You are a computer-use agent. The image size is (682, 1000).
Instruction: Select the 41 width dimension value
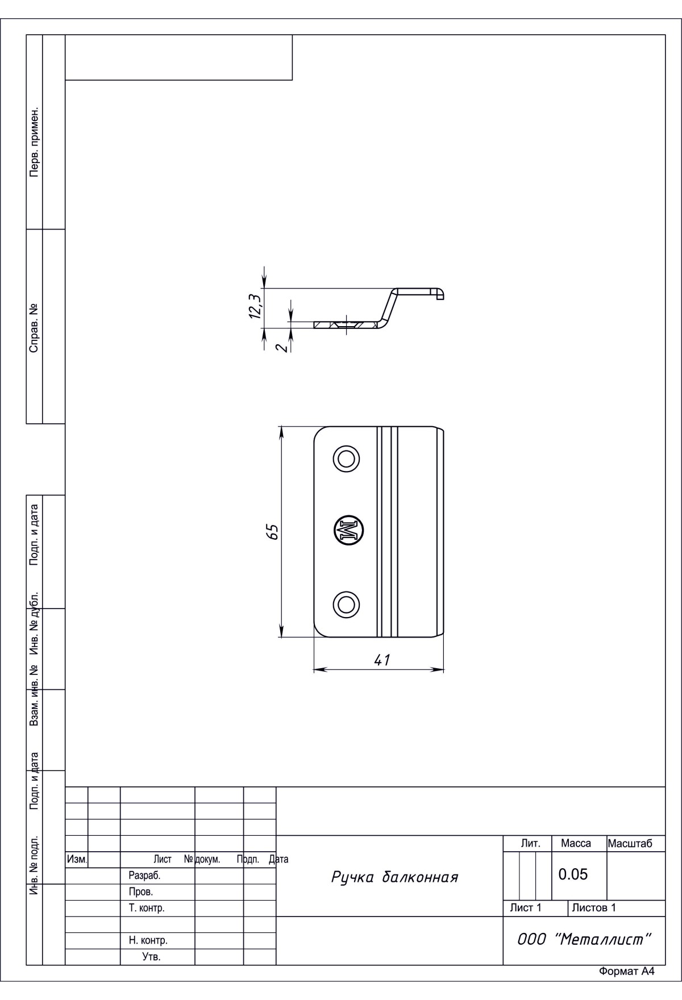point(382,660)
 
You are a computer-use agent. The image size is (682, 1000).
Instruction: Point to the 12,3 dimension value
point(255,305)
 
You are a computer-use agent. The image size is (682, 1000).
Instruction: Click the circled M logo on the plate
point(348,531)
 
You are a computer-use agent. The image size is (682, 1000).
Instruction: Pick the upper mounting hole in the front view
point(346,458)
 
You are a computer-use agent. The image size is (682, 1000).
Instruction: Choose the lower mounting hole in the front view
point(346,603)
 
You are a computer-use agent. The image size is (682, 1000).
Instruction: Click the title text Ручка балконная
point(394,878)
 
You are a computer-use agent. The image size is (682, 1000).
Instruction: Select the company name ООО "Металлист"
point(583,939)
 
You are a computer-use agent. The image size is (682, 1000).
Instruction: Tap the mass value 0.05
point(573,874)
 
